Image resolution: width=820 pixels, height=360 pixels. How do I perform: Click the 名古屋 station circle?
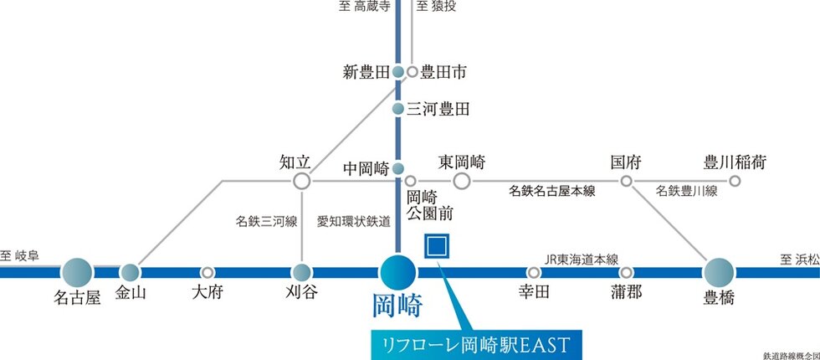[x=77, y=272]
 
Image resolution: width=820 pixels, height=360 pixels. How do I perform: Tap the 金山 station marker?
[x=130, y=272]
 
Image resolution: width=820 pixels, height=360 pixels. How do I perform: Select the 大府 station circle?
[x=208, y=272]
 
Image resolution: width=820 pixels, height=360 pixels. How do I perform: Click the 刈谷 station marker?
[x=302, y=272]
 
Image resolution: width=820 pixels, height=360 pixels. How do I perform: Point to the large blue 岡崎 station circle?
[x=397, y=272]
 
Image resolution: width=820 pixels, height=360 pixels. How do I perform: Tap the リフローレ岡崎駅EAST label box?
[x=474, y=343]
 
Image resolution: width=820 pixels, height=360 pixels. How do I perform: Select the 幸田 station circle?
[x=534, y=272]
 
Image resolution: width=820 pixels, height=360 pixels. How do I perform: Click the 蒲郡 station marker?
[x=626, y=272]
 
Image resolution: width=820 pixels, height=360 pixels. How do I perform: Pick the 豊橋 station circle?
[x=719, y=272]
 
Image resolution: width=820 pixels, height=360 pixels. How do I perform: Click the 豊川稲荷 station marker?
[x=735, y=181]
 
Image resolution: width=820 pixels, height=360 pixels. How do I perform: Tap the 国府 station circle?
[x=626, y=181]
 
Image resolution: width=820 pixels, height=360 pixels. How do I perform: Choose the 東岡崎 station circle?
[x=462, y=181]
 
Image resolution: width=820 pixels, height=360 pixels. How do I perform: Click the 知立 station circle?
[x=302, y=181]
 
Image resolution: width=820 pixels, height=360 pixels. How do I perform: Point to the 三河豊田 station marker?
[x=399, y=108]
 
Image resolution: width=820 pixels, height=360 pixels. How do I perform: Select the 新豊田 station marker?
[x=399, y=72]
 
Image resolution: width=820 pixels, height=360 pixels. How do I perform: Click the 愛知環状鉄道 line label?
[x=353, y=222]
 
